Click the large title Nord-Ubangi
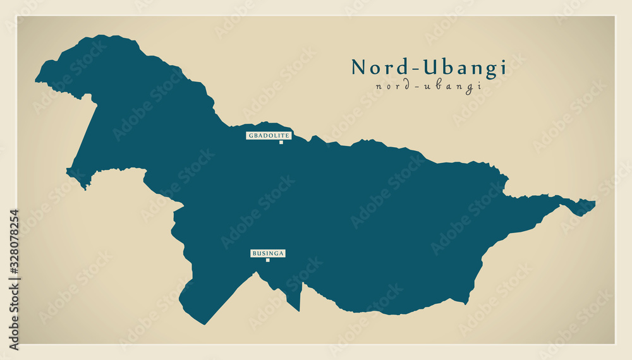pyautogui.click(x=428, y=67)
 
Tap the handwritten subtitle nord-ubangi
pyautogui.click(x=428, y=87)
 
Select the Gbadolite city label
pyautogui.click(x=269, y=135)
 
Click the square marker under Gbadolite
pyautogui.click(x=281, y=142)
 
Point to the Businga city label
pyautogui.click(x=268, y=253)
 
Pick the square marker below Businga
pyautogui.click(x=267, y=260)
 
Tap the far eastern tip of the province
pyautogui.click(x=594, y=203)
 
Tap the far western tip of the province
pyautogui.click(x=37, y=80)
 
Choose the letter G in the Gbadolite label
pyautogui.click(x=250, y=135)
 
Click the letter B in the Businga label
pyautogui.click(x=254, y=253)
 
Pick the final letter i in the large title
pyautogui.click(x=503, y=67)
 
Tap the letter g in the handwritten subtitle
pyautogui.click(x=470, y=88)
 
